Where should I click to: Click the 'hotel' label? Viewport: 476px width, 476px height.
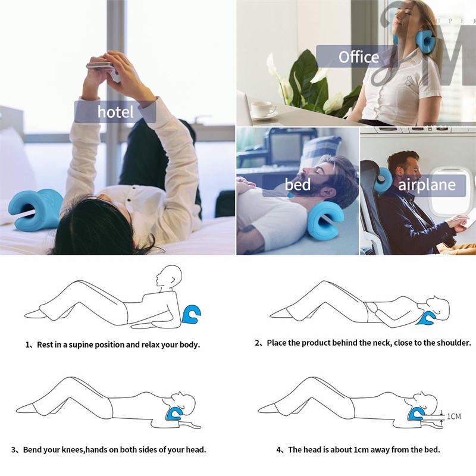point(115,112)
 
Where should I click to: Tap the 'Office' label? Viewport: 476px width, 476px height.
point(358,57)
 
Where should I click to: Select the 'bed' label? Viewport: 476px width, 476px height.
point(297,185)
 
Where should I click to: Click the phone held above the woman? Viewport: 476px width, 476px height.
point(102,68)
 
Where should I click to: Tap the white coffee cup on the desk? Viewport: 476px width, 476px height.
point(263,109)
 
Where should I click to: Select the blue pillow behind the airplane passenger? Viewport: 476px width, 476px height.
point(383,180)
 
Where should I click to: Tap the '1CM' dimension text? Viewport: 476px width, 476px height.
point(454,416)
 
